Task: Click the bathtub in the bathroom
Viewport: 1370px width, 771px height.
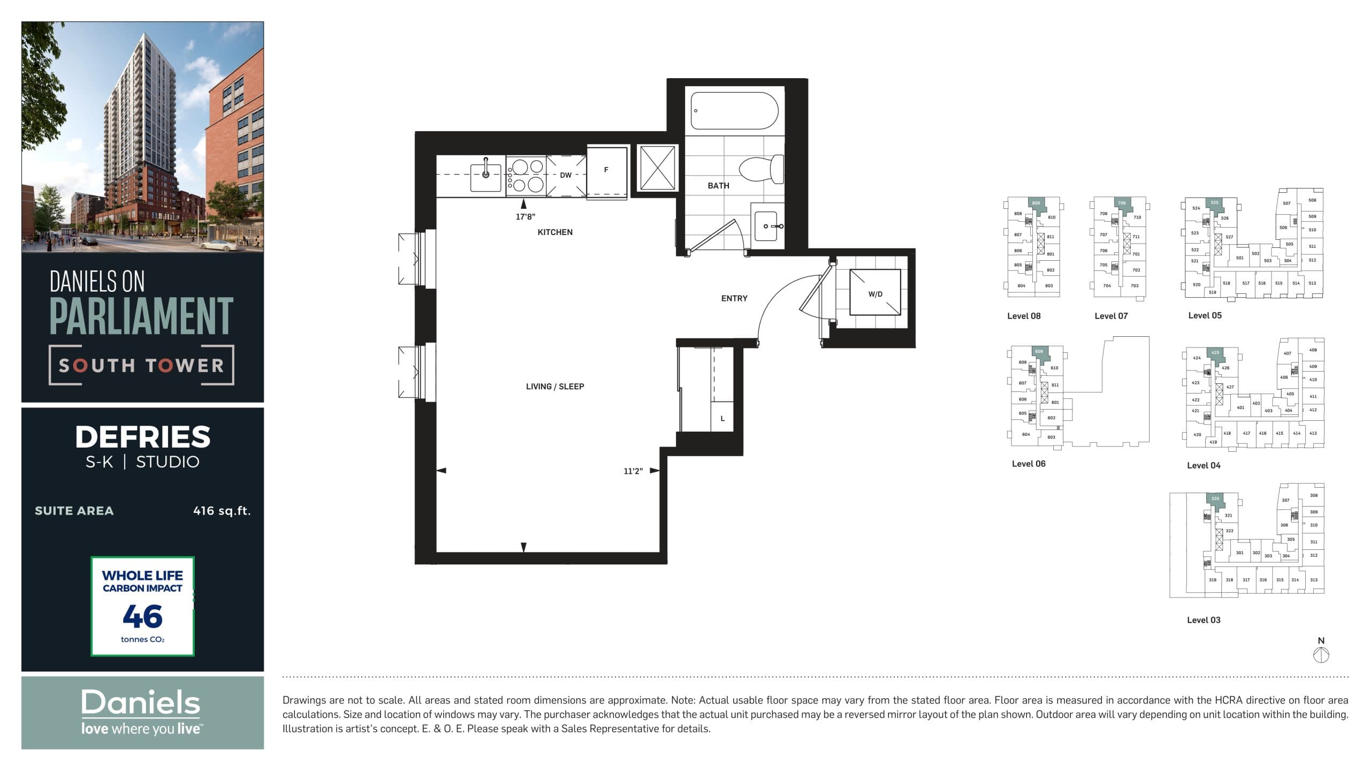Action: click(734, 111)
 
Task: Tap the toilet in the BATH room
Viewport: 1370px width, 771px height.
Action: click(761, 169)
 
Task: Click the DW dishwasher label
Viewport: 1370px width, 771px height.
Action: click(566, 175)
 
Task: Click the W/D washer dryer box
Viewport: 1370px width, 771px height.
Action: click(875, 293)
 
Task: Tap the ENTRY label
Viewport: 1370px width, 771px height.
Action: click(734, 298)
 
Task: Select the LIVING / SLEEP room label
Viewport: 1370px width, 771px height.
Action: click(554, 387)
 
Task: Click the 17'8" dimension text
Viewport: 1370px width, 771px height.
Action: click(525, 217)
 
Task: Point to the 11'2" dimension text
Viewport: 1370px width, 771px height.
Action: click(633, 471)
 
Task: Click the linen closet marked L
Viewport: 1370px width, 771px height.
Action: click(722, 418)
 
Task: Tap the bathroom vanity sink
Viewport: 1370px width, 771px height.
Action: click(766, 226)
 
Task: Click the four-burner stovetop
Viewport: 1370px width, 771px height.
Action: click(526, 176)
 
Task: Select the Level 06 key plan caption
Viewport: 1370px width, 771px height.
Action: click(1028, 464)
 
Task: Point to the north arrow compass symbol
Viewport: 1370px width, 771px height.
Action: click(1321, 654)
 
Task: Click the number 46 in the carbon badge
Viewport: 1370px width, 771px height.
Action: click(142, 617)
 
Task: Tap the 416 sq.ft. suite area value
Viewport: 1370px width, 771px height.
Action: click(222, 511)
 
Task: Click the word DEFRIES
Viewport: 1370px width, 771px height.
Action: click(142, 437)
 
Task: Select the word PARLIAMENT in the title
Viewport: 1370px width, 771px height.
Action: click(142, 316)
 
